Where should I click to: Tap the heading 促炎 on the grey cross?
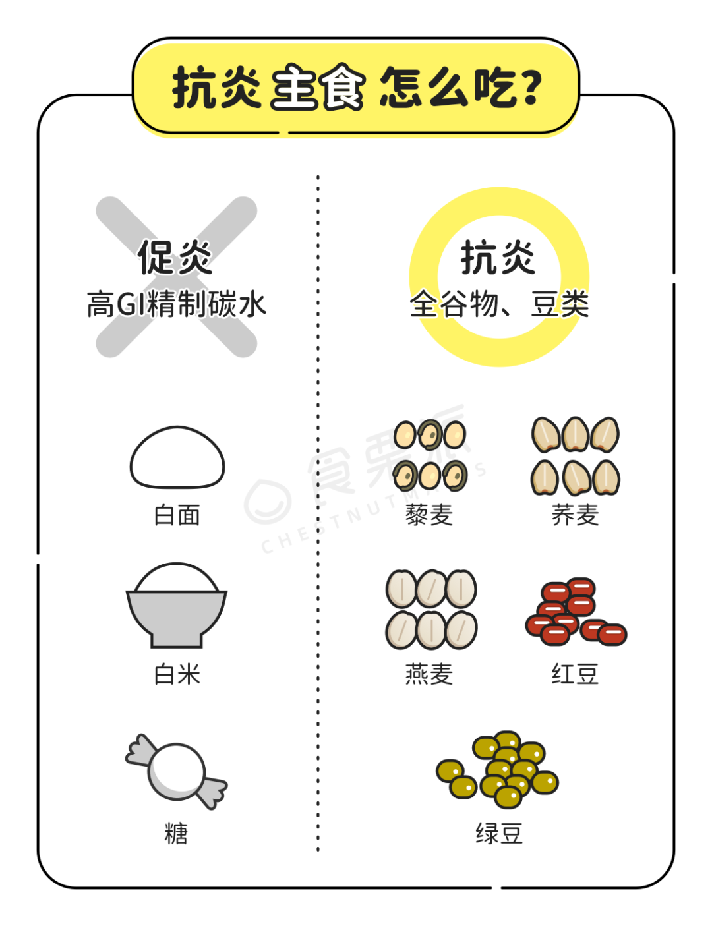point(175,257)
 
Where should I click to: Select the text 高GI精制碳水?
point(177,304)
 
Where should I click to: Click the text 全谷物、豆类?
point(499,304)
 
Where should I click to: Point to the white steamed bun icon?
point(177,457)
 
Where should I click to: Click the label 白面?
point(177,515)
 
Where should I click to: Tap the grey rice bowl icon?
point(177,605)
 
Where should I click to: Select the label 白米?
point(177,674)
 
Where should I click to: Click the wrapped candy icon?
point(177,772)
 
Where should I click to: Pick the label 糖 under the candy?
point(177,834)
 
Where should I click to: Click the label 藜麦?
point(429,515)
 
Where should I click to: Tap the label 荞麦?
point(576,515)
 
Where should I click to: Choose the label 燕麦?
point(429,674)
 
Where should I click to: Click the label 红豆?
point(576,674)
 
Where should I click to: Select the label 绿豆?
point(499,834)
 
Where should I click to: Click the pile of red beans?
point(576,612)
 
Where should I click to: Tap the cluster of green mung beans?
point(497,770)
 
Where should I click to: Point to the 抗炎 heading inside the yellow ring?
point(498,257)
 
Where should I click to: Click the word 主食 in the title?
point(318,88)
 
